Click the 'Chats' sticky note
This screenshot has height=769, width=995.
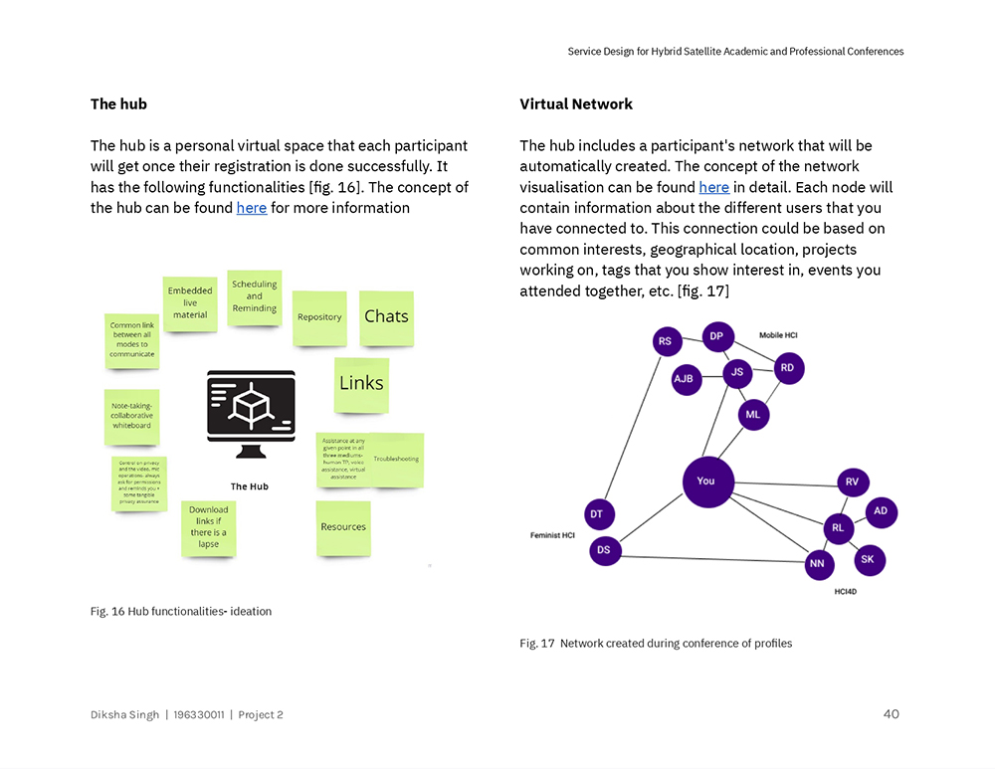(x=386, y=317)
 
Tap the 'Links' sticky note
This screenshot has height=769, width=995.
(x=361, y=384)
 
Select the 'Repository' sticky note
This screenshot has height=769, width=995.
(x=319, y=318)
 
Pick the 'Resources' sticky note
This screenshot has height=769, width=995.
(x=343, y=527)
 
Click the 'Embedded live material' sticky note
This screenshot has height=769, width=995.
(x=190, y=303)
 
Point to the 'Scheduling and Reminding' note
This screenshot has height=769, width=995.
(x=255, y=296)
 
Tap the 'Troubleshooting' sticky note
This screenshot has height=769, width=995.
(x=397, y=459)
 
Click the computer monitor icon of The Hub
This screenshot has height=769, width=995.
(x=251, y=413)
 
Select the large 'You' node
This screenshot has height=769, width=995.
(x=707, y=481)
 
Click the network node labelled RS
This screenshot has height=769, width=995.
(x=666, y=341)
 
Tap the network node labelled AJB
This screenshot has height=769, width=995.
(x=686, y=379)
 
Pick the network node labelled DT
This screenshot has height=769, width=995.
(x=597, y=514)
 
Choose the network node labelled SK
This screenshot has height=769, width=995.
(x=868, y=559)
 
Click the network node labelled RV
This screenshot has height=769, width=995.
(x=852, y=481)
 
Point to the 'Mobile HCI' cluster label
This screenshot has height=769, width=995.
(x=778, y=336)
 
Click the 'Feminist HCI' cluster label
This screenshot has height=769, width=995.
(x=552, y=536)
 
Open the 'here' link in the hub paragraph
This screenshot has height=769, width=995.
(x=251, y=208)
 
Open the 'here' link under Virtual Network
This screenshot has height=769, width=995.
(x=713, y=187)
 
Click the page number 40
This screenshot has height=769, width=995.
(x=891, y=714)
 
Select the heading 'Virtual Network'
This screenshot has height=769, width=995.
(x=576, y=104)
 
